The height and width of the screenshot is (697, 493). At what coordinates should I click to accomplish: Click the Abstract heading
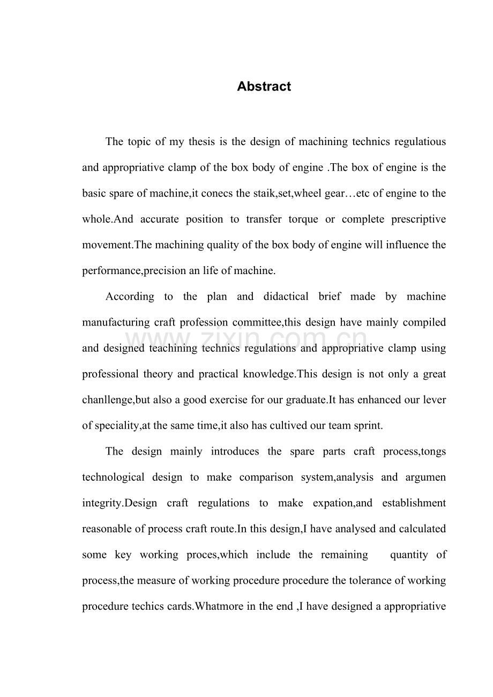tap(264, 87)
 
